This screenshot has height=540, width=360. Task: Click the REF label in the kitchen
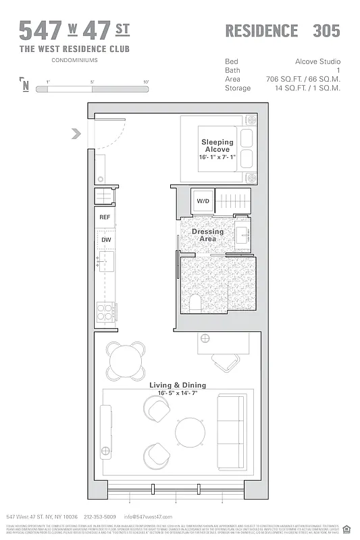click(x=105, y=217)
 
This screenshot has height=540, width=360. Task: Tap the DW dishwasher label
click(x=105, y=240)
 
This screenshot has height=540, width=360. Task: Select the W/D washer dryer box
click(x=203, y=201)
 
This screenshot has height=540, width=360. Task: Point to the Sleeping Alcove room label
click(x=217, y=146)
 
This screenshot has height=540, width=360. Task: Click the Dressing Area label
click(x=207, y=235)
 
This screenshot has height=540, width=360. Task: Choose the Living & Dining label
click(x=178, y=385)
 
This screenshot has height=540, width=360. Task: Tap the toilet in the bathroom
click(x=195, y=302)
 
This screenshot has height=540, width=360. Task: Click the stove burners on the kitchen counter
click(x=105, y=311)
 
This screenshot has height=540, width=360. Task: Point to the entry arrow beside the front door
click(x=76, y=134)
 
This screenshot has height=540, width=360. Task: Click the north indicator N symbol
click(x=26, y=85)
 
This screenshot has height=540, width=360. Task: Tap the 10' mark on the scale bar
click(x=146, y=82)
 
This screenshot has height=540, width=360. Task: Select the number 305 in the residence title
click(x=326, y=30)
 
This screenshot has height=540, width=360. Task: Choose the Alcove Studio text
click(x=317, y=61)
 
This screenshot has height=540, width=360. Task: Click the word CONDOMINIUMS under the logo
click(x=74, y=60)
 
